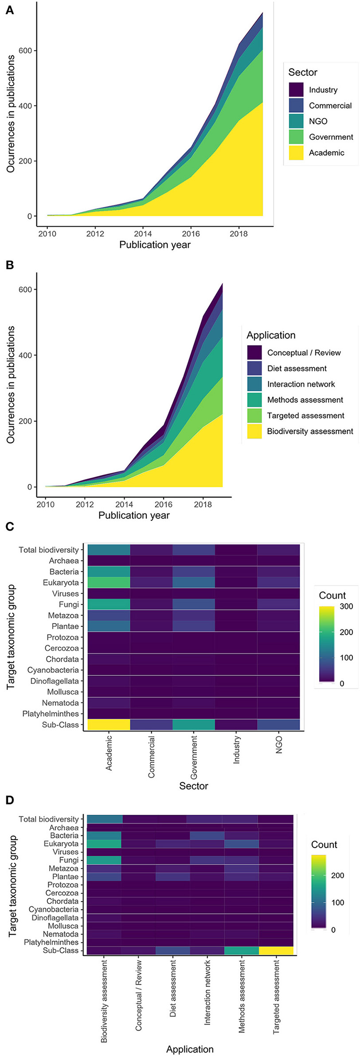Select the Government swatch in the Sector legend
point(296,137)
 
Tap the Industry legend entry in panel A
point(323,90)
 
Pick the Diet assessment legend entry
point(297,369)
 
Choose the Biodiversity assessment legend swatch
point(255,431)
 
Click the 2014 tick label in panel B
point(124,504)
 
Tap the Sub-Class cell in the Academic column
point(109,724)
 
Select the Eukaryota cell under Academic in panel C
point(109,582)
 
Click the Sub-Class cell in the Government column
point(194,724)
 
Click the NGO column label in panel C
point(279,745)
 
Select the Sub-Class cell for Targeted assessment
point(275,950)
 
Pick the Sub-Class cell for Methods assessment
point(241,950)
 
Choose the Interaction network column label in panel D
point(207,993)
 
